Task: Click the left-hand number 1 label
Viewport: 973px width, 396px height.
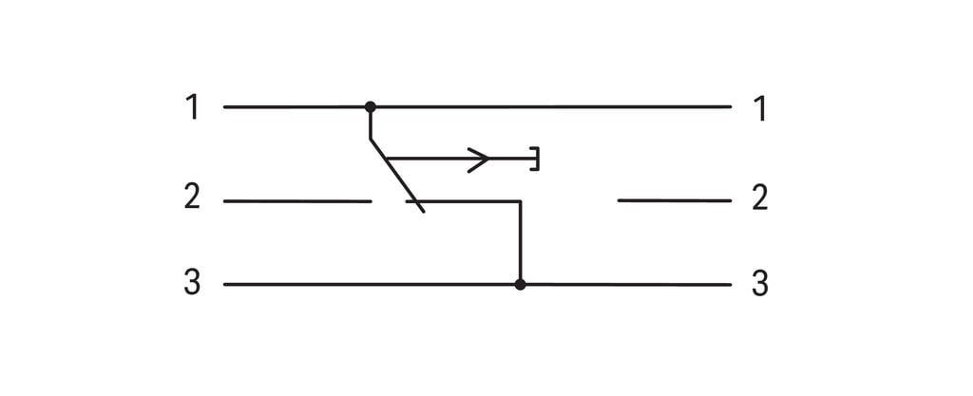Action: point(193,107)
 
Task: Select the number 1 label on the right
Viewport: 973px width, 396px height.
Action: point(758,109)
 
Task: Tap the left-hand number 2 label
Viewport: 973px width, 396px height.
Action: point(192,198)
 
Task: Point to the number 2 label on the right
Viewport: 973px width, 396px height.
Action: point(759,198)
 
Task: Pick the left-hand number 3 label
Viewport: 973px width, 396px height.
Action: point(192,283)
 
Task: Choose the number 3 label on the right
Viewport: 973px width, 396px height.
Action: point(759,284)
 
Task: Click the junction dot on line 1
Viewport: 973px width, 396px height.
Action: point(371,107)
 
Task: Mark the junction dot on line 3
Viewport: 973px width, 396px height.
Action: point(520,285)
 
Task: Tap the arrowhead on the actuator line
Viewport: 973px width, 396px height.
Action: point(479,160)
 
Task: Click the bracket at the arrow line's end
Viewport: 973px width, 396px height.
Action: point(534,159)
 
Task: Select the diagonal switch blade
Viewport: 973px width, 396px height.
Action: point(397,176)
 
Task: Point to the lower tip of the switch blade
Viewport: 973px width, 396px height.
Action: point(425,213)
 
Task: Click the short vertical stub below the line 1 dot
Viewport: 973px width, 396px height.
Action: point(371,123)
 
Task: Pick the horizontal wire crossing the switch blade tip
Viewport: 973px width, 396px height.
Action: point(463,201)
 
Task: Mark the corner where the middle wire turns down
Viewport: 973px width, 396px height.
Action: point(520,201)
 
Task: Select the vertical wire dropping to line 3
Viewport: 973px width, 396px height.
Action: point(520,243)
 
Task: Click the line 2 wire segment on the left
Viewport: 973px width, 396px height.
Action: point(297,201)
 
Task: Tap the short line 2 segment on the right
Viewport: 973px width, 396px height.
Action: point(675,200)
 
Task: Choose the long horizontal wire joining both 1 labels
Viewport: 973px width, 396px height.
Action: point(477,107)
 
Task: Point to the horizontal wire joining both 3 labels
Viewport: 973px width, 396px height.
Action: point(477,285)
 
